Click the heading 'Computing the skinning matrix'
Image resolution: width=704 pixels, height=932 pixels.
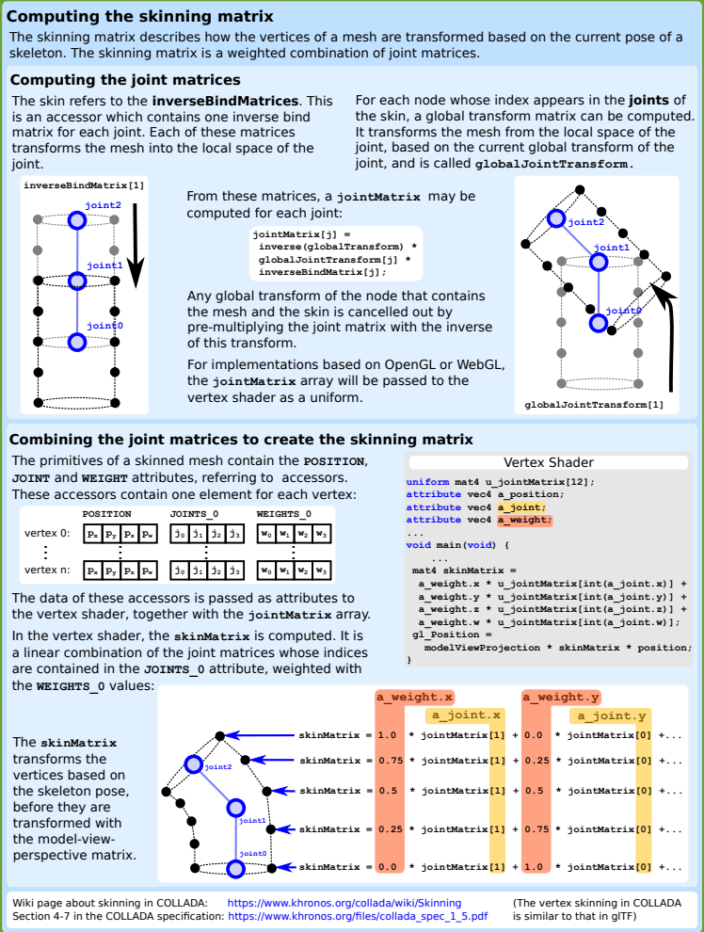(141, 17)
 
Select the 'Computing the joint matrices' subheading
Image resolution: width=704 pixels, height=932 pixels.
(125, 81)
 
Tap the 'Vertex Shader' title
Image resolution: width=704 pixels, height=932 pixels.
(549, 462)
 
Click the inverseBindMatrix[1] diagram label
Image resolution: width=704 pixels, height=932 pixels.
(84, 185)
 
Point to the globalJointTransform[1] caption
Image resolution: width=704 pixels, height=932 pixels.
(594, 405)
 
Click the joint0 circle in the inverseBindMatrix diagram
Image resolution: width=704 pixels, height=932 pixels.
(77, 342)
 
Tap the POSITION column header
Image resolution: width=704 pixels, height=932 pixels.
(107, 514)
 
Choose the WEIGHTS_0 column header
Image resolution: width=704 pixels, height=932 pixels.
(284, 514)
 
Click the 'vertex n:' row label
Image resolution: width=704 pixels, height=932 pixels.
(47, 570)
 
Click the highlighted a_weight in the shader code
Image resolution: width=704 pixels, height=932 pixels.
(524, 519)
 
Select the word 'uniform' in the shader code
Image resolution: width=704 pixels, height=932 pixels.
(428, 481)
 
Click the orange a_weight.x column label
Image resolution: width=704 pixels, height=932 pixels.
(415, 698)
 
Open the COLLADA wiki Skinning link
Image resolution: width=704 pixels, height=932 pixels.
(344, 903)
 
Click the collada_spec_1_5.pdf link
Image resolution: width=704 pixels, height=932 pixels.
(358, 915)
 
